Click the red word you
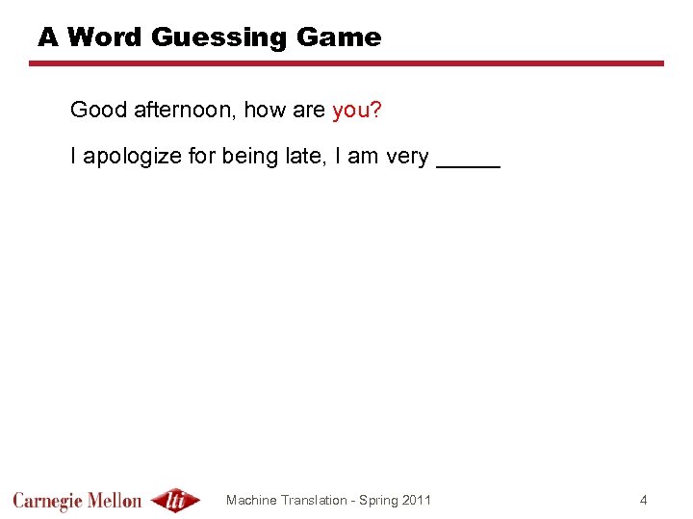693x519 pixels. [351, 111]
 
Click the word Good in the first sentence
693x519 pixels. [98, 111]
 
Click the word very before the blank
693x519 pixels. [407, 157]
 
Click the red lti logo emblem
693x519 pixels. [176, 500]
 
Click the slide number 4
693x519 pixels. [644, 500]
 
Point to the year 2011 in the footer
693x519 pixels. [416, 500]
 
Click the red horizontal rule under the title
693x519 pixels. [346, 63]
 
